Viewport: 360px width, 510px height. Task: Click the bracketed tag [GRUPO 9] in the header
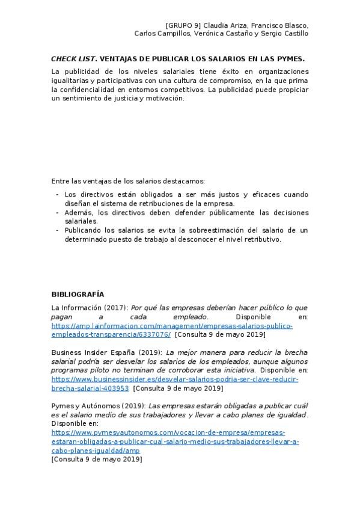tap(183, 25)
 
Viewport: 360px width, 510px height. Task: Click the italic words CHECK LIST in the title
tap(72, 59)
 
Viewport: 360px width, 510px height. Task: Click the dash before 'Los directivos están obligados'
tap(56, 195)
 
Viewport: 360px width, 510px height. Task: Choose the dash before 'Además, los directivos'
tap(56, 213)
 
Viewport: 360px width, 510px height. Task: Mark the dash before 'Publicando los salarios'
tap(56, 230)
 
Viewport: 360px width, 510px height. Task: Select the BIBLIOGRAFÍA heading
tap(78, 294)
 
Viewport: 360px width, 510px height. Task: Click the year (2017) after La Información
tap(116, 307)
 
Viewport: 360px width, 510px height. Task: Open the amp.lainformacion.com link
tap(172, 325)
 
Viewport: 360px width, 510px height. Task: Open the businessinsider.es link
tap(174, 379)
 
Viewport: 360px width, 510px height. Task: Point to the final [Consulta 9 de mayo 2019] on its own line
tap(97, 459)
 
